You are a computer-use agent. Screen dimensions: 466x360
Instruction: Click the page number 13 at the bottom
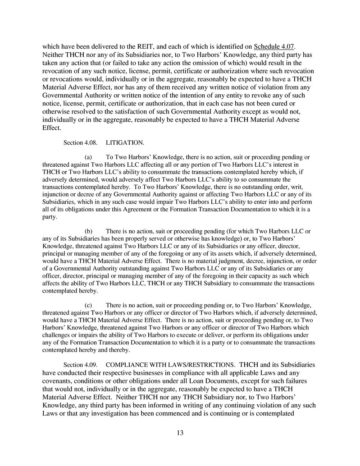click(180, 433)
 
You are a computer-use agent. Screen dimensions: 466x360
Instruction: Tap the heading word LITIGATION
click(125, 143)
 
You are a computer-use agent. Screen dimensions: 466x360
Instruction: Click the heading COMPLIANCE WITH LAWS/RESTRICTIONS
click(171, 364)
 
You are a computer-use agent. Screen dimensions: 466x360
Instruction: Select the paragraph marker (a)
click(89, 157)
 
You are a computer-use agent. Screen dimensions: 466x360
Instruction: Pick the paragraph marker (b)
click(89, 231)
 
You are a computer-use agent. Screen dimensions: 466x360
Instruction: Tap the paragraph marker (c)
click(89, 305)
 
